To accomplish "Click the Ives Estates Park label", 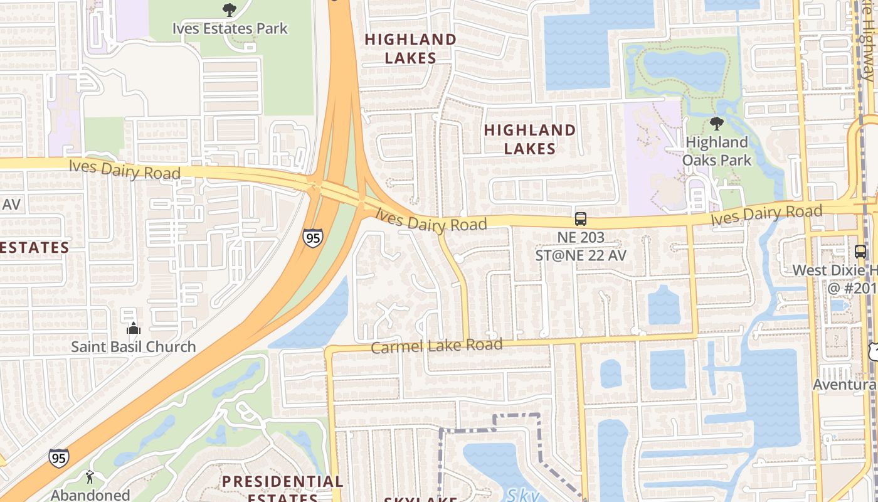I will click(x=230, y=28).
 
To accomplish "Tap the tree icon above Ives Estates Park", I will click(x=230, y=9).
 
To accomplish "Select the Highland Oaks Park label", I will click(x=717, y=151).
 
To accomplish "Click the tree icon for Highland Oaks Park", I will click(x=717, y=124).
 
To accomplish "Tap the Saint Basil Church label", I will click(x=133, y=346).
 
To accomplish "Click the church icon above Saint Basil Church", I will click(x=133, y=328).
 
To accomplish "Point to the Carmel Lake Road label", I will click(x=436, y=346).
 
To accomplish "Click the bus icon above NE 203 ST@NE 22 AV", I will click(x=581, y=219).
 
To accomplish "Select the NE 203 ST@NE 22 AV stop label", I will click(x=581, y=247).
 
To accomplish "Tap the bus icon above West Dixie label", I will click(x=860, y=251).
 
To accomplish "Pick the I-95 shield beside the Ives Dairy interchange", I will click(x=312, y=237).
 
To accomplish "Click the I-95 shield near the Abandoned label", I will click(x=58, y=458).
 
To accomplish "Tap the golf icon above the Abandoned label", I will click(x=90, y=478).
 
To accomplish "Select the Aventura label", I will click(x=844, y=384).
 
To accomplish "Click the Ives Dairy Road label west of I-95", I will click(x=125, y=169).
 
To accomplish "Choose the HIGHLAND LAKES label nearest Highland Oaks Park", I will click(x=530, y=139).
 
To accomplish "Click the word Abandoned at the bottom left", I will click(x=90, y=495).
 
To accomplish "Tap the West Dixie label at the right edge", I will click(x=834, y=270).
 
